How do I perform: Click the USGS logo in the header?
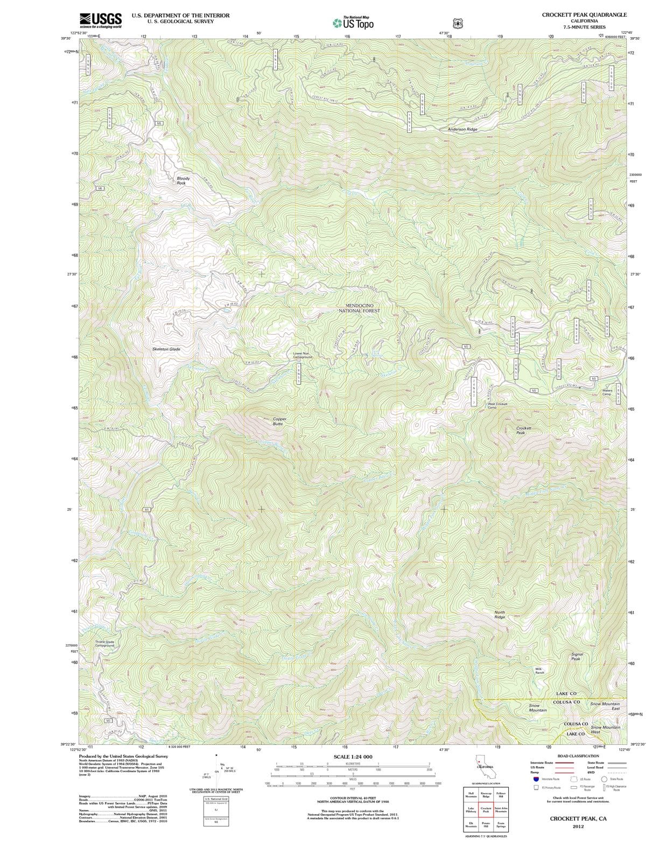pyautogui.click(x=100, y=20)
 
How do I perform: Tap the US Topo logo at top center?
pyautogui.click(x=353, y=23)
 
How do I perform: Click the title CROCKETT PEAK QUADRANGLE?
pyautogui.click(x=584, y=15)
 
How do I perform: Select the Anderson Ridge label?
pyautogui.click(x=462, y=129)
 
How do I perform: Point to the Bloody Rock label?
pyautogui.click(x=183, y=180)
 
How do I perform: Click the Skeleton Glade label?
pyautogui.click(x=166, y=349)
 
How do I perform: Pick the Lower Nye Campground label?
pyautogui.click(x=302, y=355)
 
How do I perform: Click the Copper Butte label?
pyautogui.click(x=279, y=421)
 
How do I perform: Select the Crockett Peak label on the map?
pyautogui.click(x=523, y=430)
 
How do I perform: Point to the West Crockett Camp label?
pyautogui.click(x=497, y=406)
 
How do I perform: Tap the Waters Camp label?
pyautogui.click(x=607, y=392)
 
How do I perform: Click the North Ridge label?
pyautogui.click(x=500, y=615)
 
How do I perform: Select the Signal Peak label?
pyautogui.click(x=577, y=657)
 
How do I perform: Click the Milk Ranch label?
pyautogui.click(x=539, y=671)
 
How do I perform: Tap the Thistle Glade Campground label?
pyautogui.click(x=104, y=644)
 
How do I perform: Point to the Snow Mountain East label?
pyautogui.click(x=605, y=706)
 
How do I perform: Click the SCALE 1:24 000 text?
pyautogui.click(x=353, y=757)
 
